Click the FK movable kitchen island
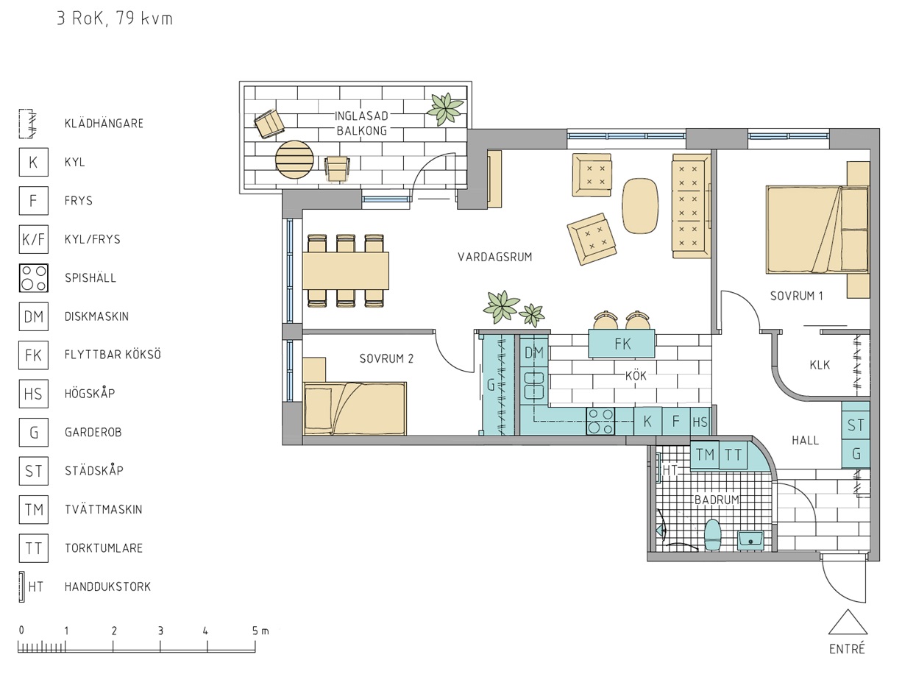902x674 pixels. [622, 343]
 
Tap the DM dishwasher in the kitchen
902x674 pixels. [534, 352]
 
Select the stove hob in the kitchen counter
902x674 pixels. [600, 421]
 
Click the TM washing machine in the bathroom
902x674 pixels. [705, 455]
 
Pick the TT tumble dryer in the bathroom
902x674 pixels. [733, 455]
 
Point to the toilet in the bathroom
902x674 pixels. [713, 535]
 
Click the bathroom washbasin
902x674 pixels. [750, 540]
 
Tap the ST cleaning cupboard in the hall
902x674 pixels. [856, 425]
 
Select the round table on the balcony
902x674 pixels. [294, 160]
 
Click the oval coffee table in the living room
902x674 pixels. [640, 206]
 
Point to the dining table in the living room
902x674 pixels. [346, 271]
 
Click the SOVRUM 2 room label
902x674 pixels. [386, 359]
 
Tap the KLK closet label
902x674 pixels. [820, 365]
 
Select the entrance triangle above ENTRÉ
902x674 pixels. [848, 622]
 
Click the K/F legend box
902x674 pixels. [34, 239]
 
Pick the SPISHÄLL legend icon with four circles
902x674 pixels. [34, 278]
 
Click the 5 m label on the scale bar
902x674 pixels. [260, 631]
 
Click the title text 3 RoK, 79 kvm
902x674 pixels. [115, 19]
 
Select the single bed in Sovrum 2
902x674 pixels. [355, 408]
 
